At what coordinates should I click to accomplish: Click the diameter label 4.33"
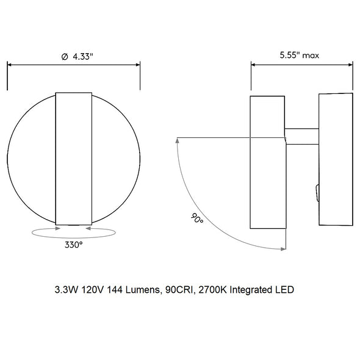tap(83, 57)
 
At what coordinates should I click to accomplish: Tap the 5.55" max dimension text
tap(300, 56)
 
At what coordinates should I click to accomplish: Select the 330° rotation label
tap(73, 245)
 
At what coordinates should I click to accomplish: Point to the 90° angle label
tap(197, 218)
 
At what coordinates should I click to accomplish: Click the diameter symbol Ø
tap(65, 57)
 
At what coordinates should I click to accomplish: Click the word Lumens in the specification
tap(142, 290)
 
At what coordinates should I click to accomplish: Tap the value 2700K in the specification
tap(212, 290)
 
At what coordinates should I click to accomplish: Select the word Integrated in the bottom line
tap(251, 290)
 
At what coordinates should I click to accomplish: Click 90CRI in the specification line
tap(179, 290)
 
